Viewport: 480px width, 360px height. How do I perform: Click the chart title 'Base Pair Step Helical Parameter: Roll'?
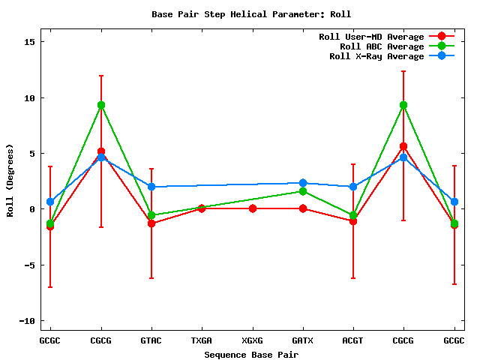pos(251,14)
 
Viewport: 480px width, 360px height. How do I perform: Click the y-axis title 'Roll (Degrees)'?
pos(10,180)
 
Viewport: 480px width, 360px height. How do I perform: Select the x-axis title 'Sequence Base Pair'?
pos(251,354)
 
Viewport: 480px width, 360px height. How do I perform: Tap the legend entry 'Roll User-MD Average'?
pos(371,37)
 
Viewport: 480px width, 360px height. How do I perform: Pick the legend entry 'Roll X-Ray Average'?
pos(376,56)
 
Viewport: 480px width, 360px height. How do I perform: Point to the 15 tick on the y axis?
pos(31,42)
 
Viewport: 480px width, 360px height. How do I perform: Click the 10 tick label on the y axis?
pos(31,97)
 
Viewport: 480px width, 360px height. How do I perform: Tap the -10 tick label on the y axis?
pos(29,320)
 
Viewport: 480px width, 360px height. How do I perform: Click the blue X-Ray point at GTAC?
pos(151,187)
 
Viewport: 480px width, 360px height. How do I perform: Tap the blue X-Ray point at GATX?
pos(303,183)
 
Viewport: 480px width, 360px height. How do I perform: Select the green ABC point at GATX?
pos(303,191)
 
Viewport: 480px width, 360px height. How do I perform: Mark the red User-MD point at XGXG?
pos(253,208)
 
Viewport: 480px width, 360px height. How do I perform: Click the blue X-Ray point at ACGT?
pos(353,187)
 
